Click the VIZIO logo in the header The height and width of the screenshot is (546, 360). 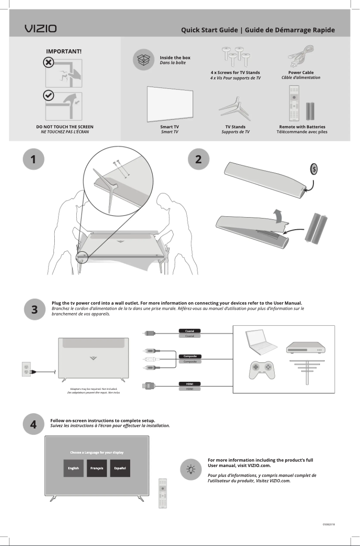point(40,29)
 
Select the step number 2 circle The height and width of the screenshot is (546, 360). point(198,159)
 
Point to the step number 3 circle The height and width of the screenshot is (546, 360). point(35,310)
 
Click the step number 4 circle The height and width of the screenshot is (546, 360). point(34,424)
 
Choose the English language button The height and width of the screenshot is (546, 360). point(73,468)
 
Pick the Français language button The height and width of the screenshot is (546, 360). point(97,468)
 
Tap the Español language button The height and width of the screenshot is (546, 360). point(120,468)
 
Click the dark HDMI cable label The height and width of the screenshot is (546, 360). point(189,384)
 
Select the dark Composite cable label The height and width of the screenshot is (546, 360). point(189,356)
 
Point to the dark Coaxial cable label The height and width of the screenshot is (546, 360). point(189,331)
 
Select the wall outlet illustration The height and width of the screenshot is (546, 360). point(26,369)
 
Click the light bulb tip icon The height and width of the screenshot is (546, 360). point(191,470)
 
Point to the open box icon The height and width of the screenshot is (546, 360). point(143,60)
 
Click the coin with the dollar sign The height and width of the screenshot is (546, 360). point(315,169)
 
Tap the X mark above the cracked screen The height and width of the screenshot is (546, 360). point(49,62)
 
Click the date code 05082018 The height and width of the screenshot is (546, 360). point(329,524)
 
